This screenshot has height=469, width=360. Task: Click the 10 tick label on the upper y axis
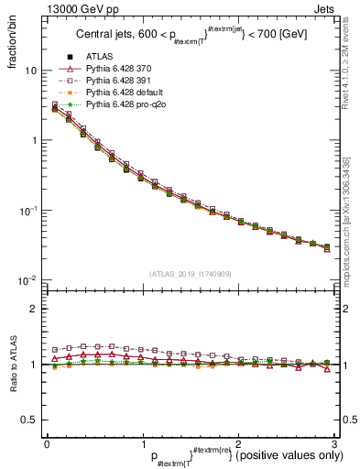30,71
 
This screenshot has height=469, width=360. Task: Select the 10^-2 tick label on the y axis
28,279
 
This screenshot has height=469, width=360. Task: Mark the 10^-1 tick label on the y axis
28,210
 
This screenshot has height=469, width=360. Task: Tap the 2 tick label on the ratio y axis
34,309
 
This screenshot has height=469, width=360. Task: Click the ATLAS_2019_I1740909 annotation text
190,273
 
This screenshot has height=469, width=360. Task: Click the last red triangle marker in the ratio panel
327,369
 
